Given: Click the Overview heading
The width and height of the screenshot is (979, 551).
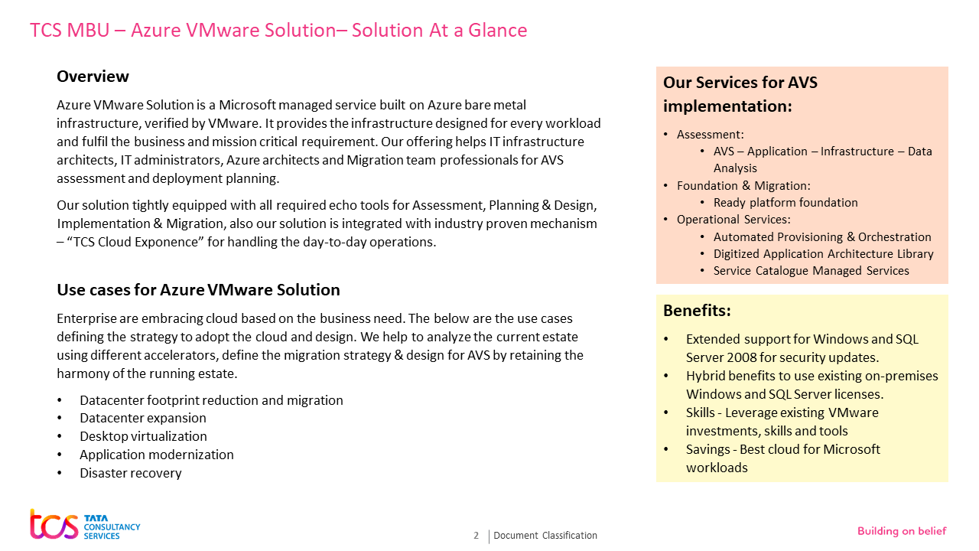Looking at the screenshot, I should pyautogui.click(x=93, y=77).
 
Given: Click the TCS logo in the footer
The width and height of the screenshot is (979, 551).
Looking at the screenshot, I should pyautogui.click(x=84, y=524).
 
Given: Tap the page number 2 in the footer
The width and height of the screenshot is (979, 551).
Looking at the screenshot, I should pyautogui.click(x=476, y=536).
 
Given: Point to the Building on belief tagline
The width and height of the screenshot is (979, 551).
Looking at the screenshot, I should pyautogui.click(x=902, y=531).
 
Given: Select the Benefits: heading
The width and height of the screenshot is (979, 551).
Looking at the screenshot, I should pyautogui.click(x=697, y=311).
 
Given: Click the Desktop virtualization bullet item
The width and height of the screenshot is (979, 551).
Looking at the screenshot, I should pyautogui.click(x=143, y=436).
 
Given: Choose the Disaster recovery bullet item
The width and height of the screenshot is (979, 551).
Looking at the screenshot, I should pyautogui.click(x=130, y=473).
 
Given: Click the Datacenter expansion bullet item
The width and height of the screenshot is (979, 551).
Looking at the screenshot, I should pyautogui.click(x=142, y=418).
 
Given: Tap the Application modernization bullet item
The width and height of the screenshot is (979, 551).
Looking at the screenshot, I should pyautogui.click(x=156, y=455).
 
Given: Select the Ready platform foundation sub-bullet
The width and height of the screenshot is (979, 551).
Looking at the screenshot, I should pyautogui.click(x=785, y=203).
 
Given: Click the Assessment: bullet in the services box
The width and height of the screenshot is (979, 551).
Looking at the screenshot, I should pyautogui.click(x=710, y=135).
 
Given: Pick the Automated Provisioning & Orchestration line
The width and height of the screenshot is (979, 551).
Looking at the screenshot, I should pyautogui.click(x=822, y=237).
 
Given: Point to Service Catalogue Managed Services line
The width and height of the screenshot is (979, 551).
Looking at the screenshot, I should pyautogui.click(x=811, y=271).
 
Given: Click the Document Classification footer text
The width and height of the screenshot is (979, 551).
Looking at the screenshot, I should pyautogui.click(x=545, y=536).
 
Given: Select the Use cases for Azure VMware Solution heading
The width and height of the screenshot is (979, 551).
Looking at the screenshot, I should pyautogui.click(x=198, y=290).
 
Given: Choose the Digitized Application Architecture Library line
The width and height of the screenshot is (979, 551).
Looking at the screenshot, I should pyautogui.click(x=823, y=254).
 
